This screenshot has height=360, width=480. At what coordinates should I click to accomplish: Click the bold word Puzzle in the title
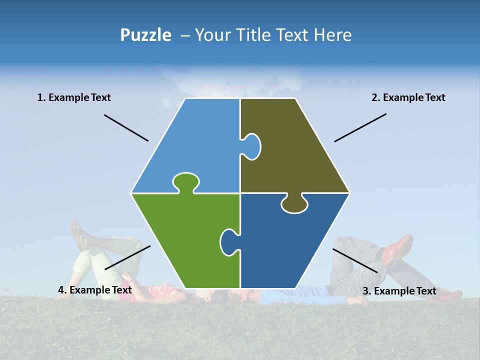(x=145, y=35)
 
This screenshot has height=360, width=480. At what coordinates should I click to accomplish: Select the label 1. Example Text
(x=74, y=97)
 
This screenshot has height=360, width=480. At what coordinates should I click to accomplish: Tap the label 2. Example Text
(x=408, y=97)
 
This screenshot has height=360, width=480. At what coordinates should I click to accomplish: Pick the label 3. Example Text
(x=399, y=291)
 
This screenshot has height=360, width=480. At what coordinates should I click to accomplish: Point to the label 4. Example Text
(x=95, y=290)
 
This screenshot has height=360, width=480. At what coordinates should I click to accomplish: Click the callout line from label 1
(x=126, y=127)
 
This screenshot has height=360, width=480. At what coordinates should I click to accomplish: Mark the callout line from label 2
(x=360, y=127)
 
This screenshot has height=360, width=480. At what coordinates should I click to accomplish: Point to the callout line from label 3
(x=355, y=260)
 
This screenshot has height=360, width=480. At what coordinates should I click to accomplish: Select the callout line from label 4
(x=127, y=257)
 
